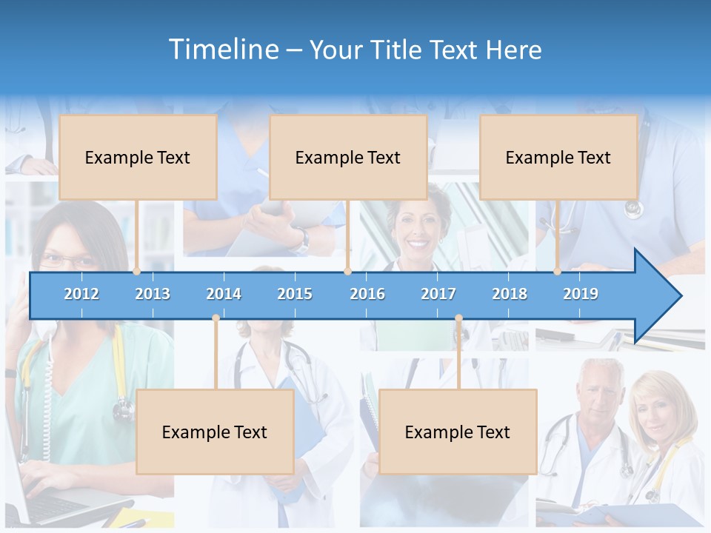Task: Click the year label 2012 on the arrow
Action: point(81,294)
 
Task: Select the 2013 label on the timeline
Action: point(153,294)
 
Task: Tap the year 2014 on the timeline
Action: point(224,294)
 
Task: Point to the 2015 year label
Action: point(295,294)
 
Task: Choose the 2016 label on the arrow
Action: point(367,294)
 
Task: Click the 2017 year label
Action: point(438,294)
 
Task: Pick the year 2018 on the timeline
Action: point(510,294)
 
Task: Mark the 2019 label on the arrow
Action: point(581,294)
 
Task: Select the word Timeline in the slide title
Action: point(222,50)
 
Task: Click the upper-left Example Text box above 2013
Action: point(138,157)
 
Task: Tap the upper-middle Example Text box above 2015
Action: point(348,157)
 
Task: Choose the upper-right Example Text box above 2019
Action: point(558,157)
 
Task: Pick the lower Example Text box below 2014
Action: point(215,432)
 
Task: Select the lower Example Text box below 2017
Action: point(458,432)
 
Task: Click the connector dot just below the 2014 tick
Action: point(216,318)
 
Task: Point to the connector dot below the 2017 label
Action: point(458,318)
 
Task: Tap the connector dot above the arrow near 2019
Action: point(558,272)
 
